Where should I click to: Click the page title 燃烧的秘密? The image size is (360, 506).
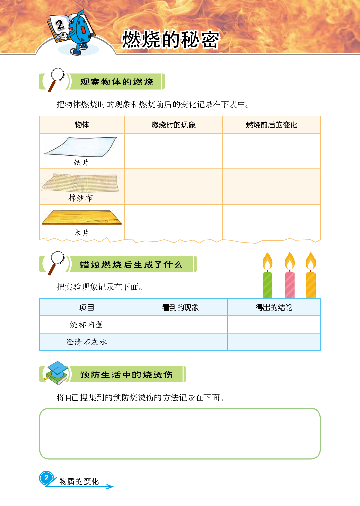170,40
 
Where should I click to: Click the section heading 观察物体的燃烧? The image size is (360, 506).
117,82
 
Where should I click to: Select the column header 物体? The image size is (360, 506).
82,125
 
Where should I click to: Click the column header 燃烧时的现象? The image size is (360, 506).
173,125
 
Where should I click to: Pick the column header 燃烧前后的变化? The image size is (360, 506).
271,125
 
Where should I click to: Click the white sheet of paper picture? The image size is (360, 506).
80,147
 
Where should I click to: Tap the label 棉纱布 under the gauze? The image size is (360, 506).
81,198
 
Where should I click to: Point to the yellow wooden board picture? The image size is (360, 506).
81,217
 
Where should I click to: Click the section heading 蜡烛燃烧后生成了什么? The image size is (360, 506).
131,264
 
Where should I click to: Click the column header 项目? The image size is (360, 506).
87,307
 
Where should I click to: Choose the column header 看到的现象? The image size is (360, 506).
180,307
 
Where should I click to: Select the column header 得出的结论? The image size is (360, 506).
274,307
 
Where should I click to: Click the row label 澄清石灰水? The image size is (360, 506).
87,342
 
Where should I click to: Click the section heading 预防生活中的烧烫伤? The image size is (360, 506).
126,374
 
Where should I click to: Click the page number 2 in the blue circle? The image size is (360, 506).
46,478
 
